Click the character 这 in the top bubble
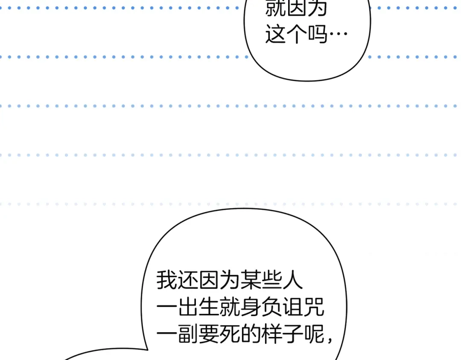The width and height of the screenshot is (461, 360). tap(275, 34)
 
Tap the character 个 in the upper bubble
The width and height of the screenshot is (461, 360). tap(296, 34)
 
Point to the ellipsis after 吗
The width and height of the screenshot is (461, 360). tap(338, 34)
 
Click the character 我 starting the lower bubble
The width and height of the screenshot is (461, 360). tap(166, 280)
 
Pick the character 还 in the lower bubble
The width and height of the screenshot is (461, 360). tap(187, 280)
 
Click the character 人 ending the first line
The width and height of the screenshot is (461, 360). tap(292, 280)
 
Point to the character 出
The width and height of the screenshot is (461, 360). tap(187, 307)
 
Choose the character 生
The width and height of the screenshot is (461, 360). tap(209, 307)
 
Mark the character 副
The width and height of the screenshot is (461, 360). tap(187, 334)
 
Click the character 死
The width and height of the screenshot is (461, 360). tap(230, 334)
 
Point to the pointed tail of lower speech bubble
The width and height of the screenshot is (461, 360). tap(147, 350)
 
